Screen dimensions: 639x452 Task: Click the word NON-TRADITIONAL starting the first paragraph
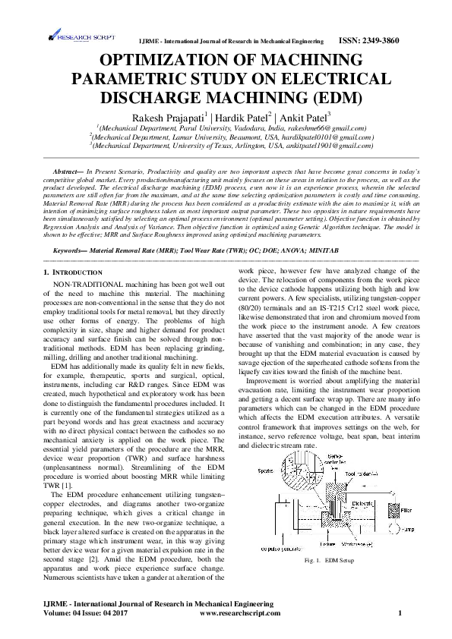coord(84,282)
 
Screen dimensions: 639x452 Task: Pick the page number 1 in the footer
coord(400,612)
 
